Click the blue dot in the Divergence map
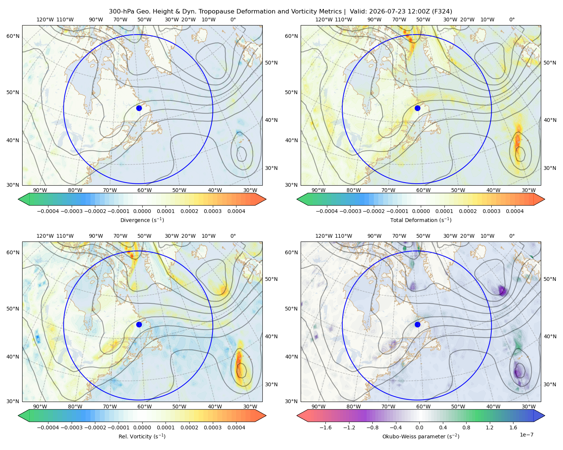point(139,108)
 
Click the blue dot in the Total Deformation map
point(417,108)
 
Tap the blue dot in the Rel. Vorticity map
point(139,324)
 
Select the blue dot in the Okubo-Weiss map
point(417,324)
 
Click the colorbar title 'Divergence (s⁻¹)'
point(142,220)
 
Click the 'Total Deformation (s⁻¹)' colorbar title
point(421,220)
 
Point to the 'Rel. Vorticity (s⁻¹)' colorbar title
point(142,436)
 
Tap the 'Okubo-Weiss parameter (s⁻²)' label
point(421,436)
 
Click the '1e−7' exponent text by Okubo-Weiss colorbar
point(526,435)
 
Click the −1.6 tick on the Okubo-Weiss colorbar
point(325,427)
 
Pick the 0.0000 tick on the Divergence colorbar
point(142,211)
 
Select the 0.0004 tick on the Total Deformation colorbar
point(515,211)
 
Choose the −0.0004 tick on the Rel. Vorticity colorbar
point(48,427)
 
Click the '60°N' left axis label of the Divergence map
point(13,36)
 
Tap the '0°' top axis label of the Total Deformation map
point(512,19)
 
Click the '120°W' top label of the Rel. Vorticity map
point(45,236)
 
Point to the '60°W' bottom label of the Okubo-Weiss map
point(423,406)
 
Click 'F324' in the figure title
point(442,12)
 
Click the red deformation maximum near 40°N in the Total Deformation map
point(518,141)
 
